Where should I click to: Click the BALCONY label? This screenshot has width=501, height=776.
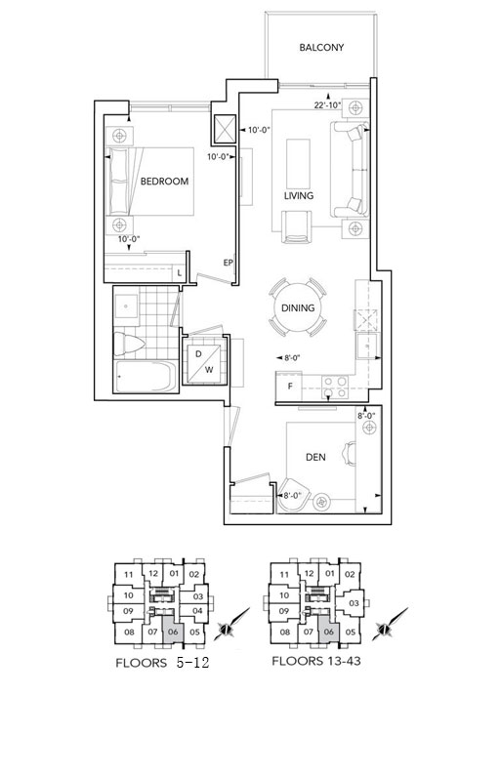(x=321, y=48)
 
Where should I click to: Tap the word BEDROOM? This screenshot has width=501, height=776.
(x=164, y=182)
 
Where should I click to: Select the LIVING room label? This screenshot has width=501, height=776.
(x=299, y=195)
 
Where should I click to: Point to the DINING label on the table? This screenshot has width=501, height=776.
(x=298, y=307)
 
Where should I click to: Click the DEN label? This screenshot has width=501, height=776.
(x=315, y=457)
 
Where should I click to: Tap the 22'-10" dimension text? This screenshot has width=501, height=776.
(x=328, y=104)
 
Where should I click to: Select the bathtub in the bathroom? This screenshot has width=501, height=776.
(x=146, y=377)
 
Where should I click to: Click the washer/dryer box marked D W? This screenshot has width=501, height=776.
(x=204, y=361)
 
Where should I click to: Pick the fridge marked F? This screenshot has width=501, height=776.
(x=289, y=387)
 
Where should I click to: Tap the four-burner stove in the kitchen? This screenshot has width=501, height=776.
(x=335, y=387)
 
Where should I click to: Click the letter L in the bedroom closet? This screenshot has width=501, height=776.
(x=180, y=273)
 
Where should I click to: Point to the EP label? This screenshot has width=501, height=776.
(x=228, y=263)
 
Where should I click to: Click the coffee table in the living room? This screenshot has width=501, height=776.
(x=298, y=161)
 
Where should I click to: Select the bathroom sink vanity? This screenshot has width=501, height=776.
(x=126, y=307)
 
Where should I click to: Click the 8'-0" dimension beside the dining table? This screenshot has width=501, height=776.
(x=292, y=357)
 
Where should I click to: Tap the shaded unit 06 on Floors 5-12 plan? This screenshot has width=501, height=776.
(x=173, y=631)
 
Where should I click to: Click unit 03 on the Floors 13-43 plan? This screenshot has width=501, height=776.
(x=354, y=603)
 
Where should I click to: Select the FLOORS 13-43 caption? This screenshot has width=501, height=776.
(x=315, y=661)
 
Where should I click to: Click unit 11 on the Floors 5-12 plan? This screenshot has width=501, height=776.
(x=129, y=575)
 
